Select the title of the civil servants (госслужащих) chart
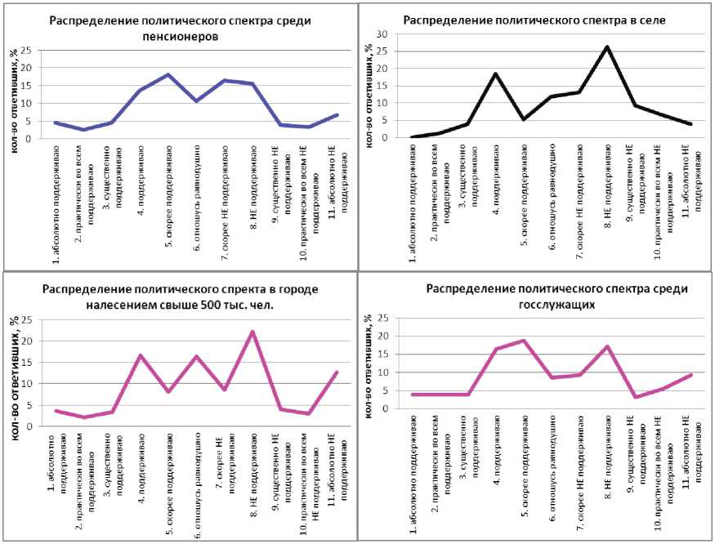[557, 296]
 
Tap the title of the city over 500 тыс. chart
[180, 297]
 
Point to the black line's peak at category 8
[607, 47]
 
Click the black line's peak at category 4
[495, 74]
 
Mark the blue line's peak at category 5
[168, 75]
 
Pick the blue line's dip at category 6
[196, 100]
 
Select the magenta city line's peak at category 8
[252, 332]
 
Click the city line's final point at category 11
[336, 372]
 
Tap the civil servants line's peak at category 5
[523, 341]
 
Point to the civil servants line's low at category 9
[635, 397]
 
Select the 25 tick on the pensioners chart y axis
[27, 51]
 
